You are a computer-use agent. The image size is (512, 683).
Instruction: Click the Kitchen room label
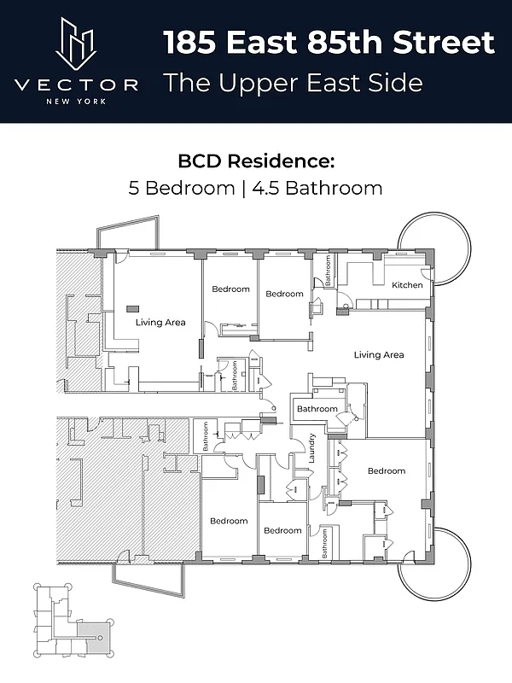(407, 285)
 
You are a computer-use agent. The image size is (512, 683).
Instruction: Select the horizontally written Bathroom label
(317, 409)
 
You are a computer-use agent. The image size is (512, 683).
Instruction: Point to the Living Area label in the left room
(160, 323)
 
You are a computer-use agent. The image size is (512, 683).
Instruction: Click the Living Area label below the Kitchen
(379, 354)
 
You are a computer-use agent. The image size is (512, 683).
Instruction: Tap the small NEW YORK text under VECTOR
(77, 101)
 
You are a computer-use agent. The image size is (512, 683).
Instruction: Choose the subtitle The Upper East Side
(293, 83)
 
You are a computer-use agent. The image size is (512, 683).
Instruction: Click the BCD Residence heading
(256, 161)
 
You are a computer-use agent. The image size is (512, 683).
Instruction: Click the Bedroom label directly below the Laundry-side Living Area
(387, 470)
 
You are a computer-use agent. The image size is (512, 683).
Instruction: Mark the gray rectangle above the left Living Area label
(133, 307)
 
